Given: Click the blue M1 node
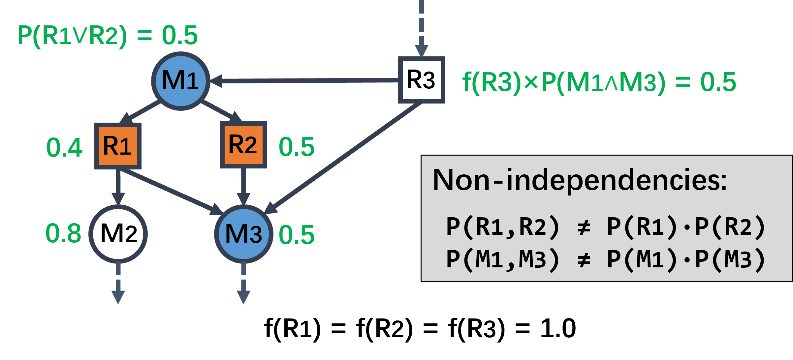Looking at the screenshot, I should tap(180, 81).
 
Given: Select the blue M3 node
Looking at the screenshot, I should tap(243, 234).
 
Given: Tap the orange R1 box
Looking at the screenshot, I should tap(118, 146).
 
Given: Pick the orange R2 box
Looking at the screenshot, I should tap(243, 145).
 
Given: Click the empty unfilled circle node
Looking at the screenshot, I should tap(118, 234).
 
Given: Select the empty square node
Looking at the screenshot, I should tap(422, 80).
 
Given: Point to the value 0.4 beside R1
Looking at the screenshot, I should tap(64, 147).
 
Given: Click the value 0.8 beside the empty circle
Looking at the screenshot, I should tap(63, 233).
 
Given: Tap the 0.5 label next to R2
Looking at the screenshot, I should tap(296, 147).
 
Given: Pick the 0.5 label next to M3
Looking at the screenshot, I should tap(296, 235).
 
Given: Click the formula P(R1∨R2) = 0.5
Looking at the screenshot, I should tap(107, 35).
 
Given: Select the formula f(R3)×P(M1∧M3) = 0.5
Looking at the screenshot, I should tap(599, 82).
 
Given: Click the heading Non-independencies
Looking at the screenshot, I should tap(579, 180).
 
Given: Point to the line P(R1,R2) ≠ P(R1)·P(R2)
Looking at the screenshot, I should tap(605, 227).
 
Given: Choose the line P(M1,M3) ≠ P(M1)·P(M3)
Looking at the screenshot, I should tap(605, 259).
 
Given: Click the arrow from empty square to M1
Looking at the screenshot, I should tap(303, 80).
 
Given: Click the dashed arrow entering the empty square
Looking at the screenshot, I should tap(422, 30).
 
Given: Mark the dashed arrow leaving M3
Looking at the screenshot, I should tap(243, 284).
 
